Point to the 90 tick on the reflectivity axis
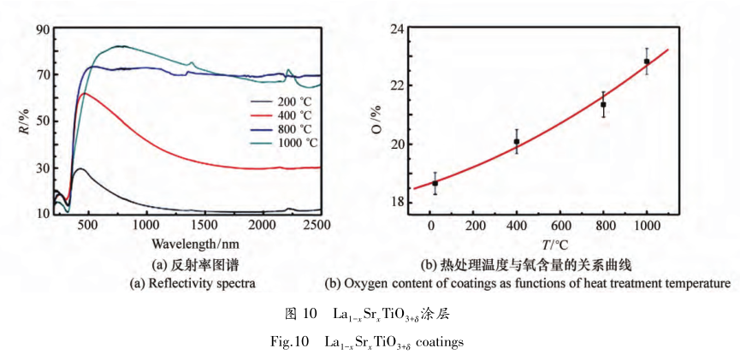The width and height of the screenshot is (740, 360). tap(41, 30)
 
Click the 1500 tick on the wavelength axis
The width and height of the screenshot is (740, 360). tap(203, 224)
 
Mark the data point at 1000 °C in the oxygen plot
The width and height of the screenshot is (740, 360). tap(647, 62)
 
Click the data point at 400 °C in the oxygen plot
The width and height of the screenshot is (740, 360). tap(517, 142)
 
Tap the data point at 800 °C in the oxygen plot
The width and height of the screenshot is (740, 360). tap(603, 104)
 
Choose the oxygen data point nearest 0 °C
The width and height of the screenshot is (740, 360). tap(435, 183)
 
